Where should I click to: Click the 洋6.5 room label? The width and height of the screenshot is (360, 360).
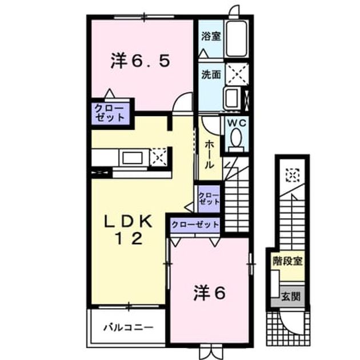[x=141, y=61]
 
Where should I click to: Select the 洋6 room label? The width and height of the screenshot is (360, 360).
[x=209, y=293]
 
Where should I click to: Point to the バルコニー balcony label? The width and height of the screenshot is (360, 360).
[x=129, y=327]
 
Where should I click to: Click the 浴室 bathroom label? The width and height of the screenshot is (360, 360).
[x=211, y=36]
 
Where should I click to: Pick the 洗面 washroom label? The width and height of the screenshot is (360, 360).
[x=211, y=75]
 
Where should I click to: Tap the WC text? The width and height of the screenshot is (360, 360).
[x=237, y=123]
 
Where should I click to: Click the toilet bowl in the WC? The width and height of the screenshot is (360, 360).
[x=236, y=138]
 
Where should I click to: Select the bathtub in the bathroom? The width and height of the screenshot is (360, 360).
[x=236, y=39]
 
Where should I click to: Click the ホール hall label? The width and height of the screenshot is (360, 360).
[x=209, y=154]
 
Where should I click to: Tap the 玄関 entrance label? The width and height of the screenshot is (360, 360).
[x=291, y=297]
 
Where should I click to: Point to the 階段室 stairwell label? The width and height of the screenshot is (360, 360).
[x=287, y=261]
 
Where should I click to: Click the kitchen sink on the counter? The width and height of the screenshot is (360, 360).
[x=132, y=158]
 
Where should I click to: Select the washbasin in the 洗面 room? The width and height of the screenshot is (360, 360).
[x=232, y=98]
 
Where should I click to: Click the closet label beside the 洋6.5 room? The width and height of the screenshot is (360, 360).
[x=110, y=113]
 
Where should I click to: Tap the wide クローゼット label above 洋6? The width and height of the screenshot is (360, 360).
[x=195, y=225]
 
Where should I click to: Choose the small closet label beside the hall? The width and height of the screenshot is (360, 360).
[x=209, y=199]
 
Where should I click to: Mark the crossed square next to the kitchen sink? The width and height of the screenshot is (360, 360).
[x=158, y=157]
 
